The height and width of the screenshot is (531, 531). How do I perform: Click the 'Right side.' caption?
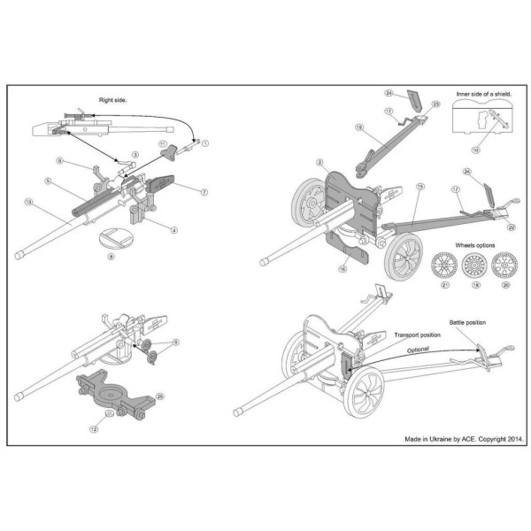point(113,101)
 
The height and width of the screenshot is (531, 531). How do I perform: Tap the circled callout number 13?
point(29,203)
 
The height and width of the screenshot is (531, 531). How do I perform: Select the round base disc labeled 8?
point(112,238)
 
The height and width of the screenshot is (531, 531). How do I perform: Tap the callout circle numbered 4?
point(174,230)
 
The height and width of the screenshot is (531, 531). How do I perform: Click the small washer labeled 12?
point(108,412)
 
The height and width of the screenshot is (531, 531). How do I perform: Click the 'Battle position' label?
point(468,323)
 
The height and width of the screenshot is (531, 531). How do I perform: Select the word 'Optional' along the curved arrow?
point(418,350)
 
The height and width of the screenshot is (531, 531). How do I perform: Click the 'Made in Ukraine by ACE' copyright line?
point(465,437)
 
